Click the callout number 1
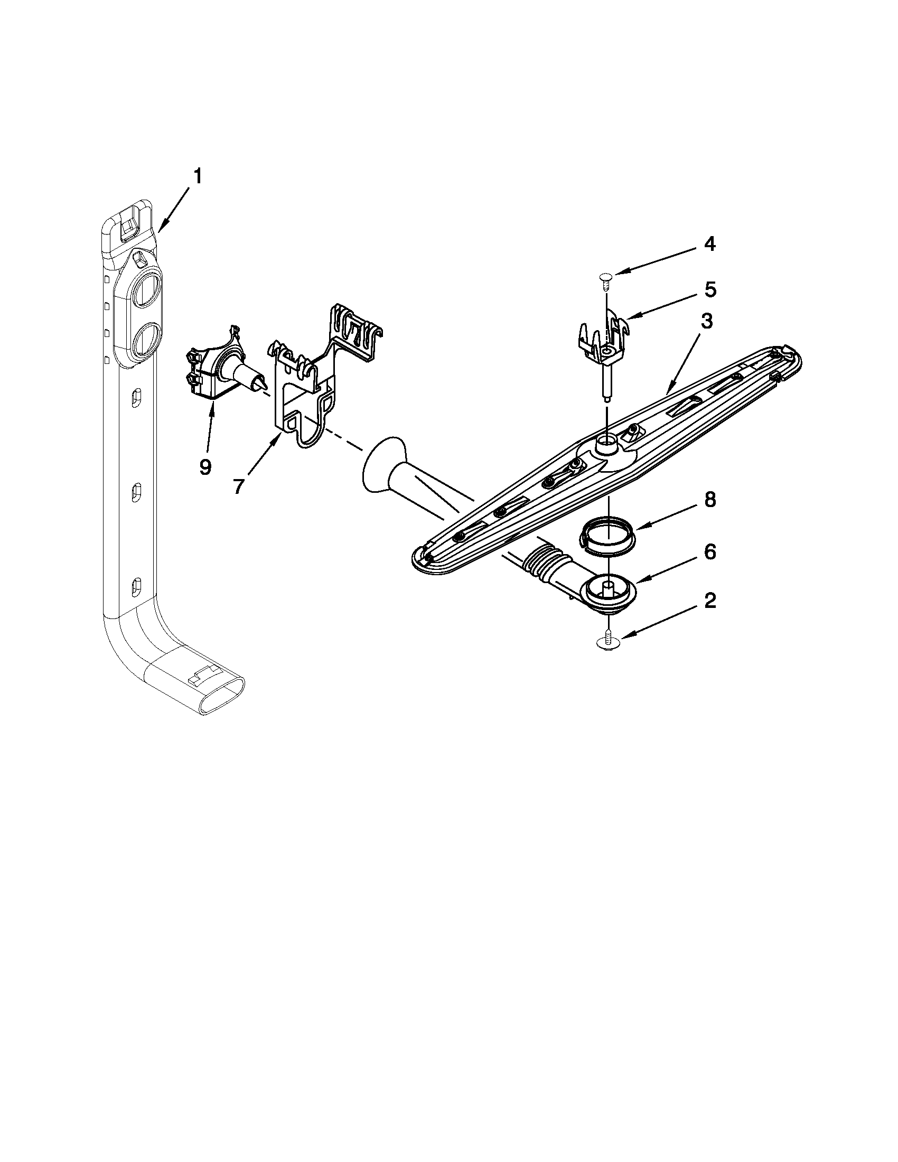[x=197, y=176]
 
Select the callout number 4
[x=709, y=244]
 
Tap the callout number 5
[x=710, y=290]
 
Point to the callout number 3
[x=706, y=322]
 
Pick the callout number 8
[x=710, y=501]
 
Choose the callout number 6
[x=709, y=553]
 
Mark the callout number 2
[x=709, y=601]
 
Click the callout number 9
[x=205, y=467]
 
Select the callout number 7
[x=239, y=485]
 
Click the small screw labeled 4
[x=606, y=278]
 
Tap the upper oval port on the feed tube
[x=145, y=290]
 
